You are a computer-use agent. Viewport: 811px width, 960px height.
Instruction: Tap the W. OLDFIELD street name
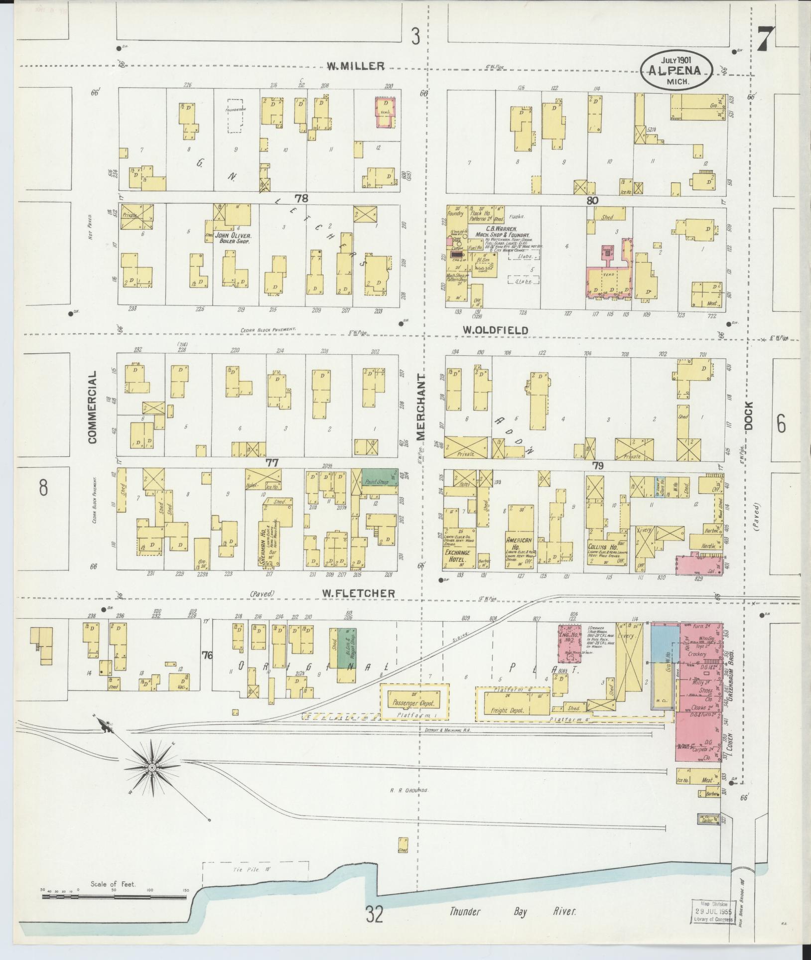(488, 330)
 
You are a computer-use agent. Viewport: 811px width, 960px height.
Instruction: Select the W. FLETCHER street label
(359, 593)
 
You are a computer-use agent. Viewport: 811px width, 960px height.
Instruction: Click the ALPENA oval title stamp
(677, 71)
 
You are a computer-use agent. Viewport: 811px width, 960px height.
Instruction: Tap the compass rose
(151, 767)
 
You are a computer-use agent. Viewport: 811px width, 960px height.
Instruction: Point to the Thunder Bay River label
(513, 912)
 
